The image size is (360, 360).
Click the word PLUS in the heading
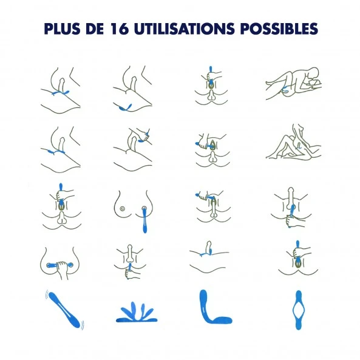click(x=62, y=29)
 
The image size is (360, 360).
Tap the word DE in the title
click(x=95, y=29)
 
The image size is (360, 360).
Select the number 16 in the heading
click(x=119, y=29)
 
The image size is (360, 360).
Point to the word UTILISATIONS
click(x=185, y=29)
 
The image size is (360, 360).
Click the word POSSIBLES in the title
click(x=279, y=29)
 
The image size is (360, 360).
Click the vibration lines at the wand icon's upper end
click(x=47, y=294)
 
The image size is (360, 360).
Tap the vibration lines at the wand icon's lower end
click(x=82, y=325)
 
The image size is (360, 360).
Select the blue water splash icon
click(x=137, y=312)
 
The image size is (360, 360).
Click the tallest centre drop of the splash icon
click(x=133, y=309)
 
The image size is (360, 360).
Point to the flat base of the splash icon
click(x=137, y=319)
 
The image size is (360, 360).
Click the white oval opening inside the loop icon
click(x=298, y=310)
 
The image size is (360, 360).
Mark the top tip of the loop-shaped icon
click(x=298, y=291)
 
